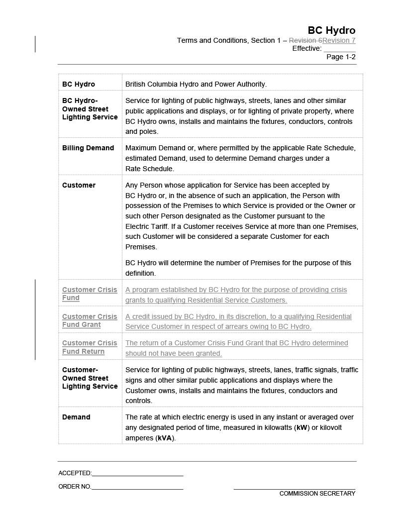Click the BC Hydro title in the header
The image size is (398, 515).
coord(331,30)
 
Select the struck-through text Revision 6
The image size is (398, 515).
coord(305,40)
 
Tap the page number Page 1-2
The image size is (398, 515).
coord(341,57)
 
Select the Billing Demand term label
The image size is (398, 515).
coord(88,148)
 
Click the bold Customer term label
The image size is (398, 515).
coord(79,185)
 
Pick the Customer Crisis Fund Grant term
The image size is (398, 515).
coord(90,320)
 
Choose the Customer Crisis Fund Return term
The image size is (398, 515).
coord(90,347)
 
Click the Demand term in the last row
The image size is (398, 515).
coord(76,417)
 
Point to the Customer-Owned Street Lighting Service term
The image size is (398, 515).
coord(90,378)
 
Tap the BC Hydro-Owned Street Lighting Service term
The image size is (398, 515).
coord(90,108)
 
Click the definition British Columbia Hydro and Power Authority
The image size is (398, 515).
coord(196,84)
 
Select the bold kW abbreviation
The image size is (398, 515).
coord(301,427)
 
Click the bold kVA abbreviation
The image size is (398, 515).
coord(165,438)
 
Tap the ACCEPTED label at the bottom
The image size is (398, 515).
coord(75,473)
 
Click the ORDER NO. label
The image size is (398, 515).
coord(75,487)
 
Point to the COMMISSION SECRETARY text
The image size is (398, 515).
coord(317,494)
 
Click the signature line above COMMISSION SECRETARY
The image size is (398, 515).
coord(295,489)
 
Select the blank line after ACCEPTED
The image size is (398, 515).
coord(137,475)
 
